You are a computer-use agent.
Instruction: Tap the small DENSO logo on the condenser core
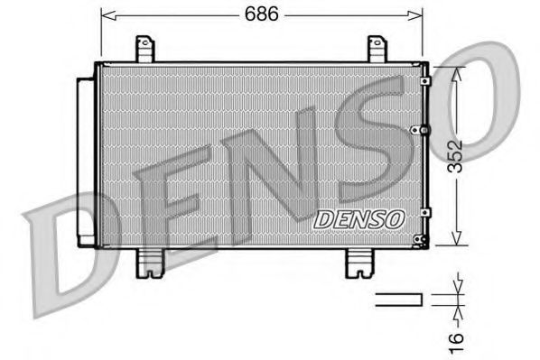pos(359,217)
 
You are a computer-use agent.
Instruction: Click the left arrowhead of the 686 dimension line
pos(104,14)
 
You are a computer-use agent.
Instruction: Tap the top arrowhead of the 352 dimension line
pos(459,69)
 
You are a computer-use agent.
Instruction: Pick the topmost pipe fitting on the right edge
pos(426,81)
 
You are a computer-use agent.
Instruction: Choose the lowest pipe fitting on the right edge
pos(420,239)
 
